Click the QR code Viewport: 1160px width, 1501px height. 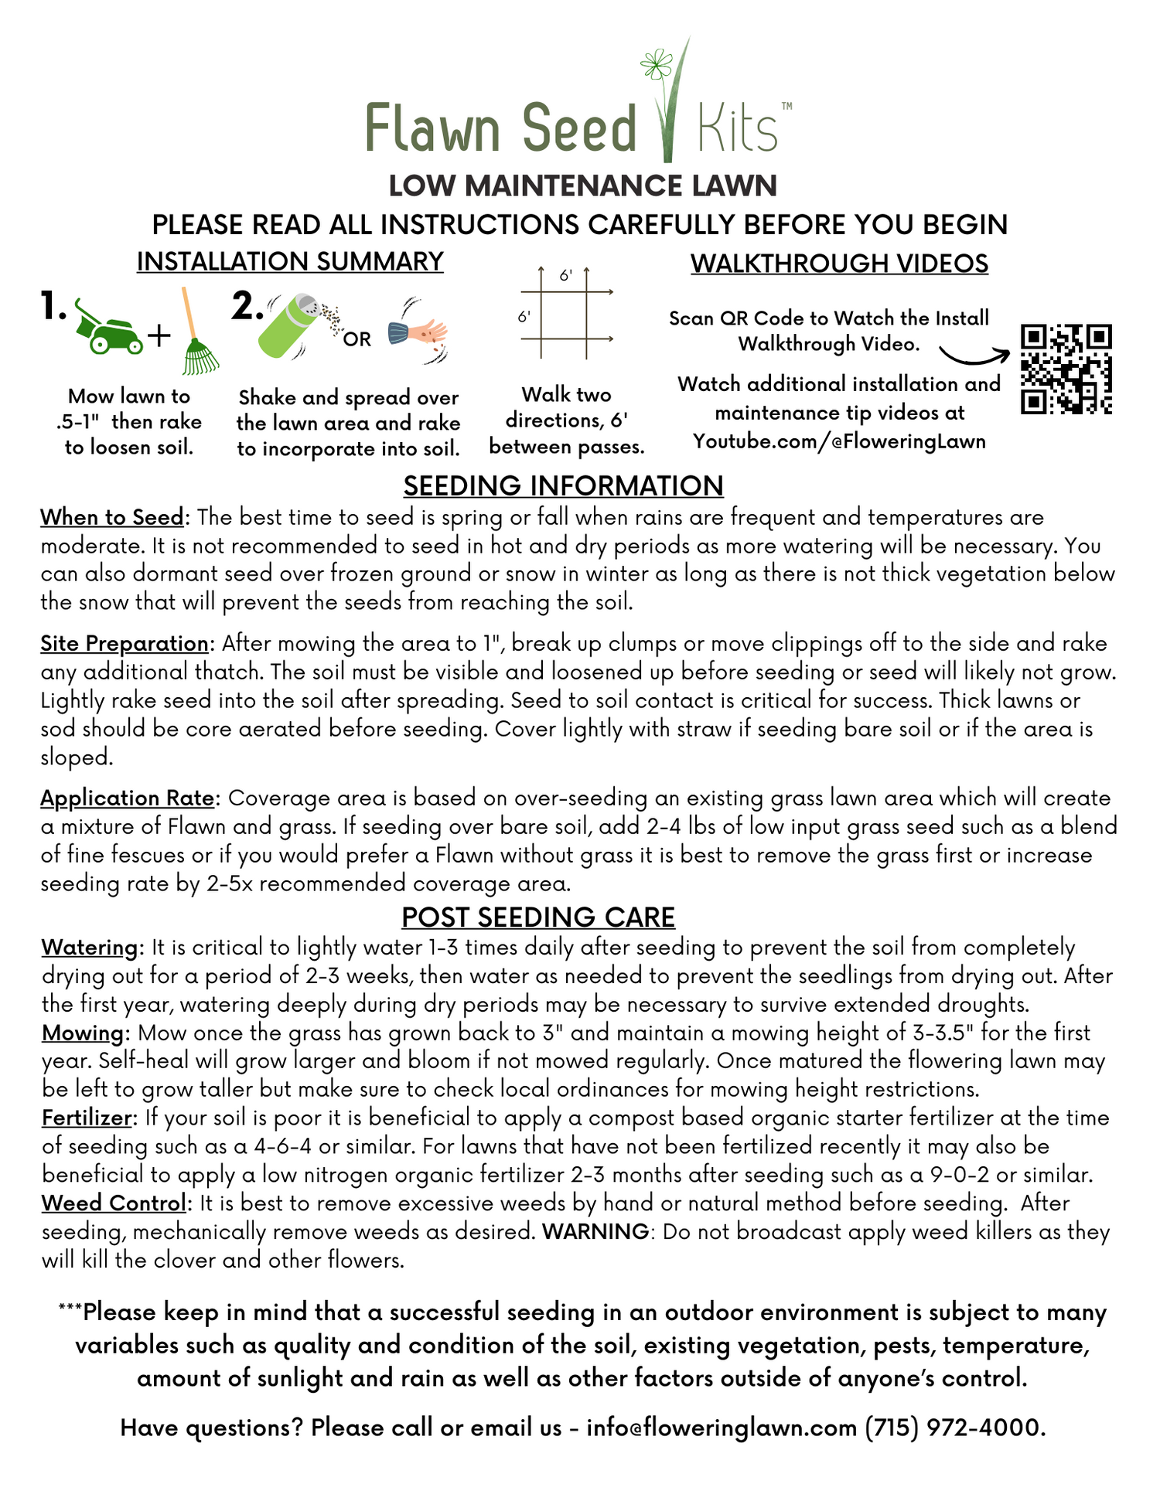pos(1066,369)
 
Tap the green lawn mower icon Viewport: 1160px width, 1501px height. pos(107,328)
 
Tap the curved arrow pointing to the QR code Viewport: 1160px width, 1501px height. pos(974,356)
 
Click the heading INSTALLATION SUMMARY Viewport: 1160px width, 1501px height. pos(290,262)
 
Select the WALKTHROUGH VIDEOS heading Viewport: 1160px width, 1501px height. pos(839,264)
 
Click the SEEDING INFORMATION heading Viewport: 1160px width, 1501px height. pos(563,485)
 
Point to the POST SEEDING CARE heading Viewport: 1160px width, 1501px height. pos(538,917)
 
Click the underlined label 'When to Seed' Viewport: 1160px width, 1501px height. pos(112,517)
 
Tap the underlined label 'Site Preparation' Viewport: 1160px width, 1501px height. pos(125,643)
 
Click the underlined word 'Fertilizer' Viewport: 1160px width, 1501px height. pos(88,1118)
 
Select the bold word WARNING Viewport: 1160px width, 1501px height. pos(595,1231)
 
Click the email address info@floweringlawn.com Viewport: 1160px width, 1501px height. pos(721,1427)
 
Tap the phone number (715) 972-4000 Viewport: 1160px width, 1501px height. pos(954,1427)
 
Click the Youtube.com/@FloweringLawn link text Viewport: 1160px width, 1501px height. pos(839,441)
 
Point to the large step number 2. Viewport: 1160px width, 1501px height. pos(247,307)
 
